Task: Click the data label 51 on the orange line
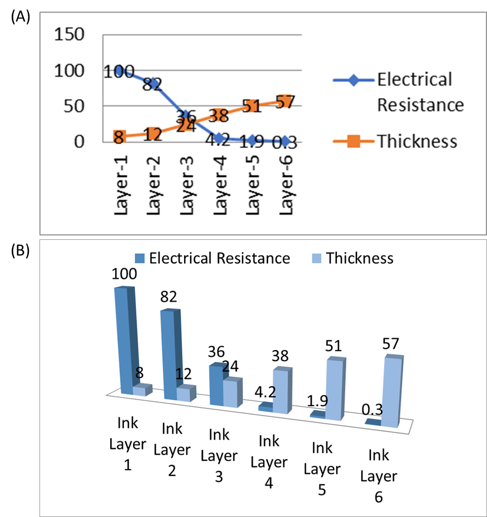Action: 252,106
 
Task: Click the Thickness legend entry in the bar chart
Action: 360,258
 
